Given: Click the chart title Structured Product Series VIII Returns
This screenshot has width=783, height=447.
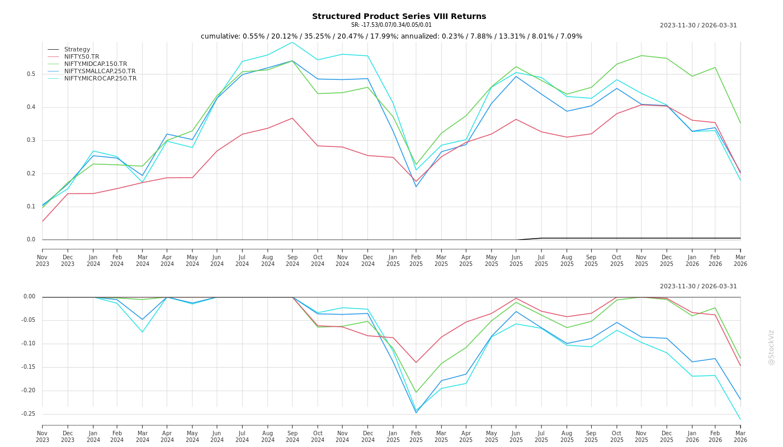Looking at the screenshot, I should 399,16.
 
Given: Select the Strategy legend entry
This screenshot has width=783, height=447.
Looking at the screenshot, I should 77,49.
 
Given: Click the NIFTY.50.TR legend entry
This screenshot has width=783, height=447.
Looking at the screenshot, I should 81,56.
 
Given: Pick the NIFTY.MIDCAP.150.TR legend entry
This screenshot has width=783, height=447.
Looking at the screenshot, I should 95,64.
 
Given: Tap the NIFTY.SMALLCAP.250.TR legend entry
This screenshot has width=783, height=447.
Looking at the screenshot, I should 100,71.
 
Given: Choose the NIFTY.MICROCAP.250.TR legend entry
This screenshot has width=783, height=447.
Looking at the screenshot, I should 100,78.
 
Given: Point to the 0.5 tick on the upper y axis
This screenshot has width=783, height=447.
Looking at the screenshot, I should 31,74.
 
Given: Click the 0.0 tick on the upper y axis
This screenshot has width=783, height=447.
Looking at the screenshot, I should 31,240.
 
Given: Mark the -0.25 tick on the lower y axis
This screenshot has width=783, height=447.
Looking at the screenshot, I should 29,414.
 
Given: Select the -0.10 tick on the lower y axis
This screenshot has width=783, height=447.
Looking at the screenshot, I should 29,344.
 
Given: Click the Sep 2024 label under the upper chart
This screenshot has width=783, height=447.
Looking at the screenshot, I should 293,260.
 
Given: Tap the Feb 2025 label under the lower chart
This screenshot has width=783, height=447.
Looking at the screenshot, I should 416,436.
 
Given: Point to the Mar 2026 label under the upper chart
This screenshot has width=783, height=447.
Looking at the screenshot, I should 740,260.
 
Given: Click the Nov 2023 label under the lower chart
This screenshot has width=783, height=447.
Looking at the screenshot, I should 43,436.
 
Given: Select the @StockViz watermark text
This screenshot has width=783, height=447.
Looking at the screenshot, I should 771,347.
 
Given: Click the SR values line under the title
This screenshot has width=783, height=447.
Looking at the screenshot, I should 391,25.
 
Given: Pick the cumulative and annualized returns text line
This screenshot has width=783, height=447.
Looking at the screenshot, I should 391,36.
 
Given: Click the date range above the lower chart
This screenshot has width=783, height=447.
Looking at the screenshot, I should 698,286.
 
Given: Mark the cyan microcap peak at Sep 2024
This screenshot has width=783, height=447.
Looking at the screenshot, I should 292,42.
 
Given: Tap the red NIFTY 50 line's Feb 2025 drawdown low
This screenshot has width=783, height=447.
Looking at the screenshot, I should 416,362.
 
